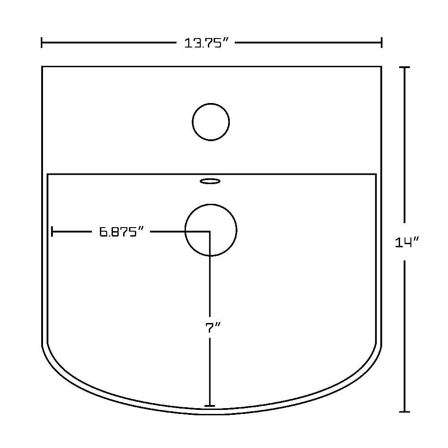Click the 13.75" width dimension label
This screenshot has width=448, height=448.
coord(206,43)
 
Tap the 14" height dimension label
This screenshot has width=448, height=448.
coord(406,242)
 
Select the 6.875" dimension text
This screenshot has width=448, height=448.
coord(121,232)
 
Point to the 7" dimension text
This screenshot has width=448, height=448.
coord(213,327)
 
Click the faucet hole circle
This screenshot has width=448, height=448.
coord(211,103)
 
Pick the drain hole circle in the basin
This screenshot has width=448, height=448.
coord(211,204)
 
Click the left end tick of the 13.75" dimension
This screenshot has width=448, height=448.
coord(42,43)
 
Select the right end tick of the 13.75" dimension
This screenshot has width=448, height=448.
coord(381,43)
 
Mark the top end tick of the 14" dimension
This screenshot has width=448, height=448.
coord(404,67)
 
